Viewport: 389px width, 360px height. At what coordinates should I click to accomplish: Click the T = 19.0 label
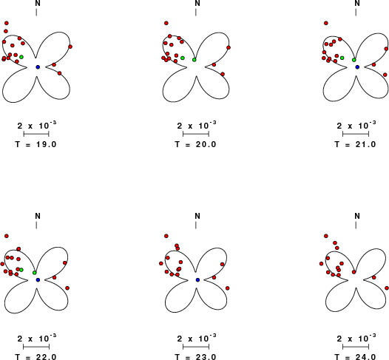(36, 144)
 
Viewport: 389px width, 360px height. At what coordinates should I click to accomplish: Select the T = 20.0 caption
(196, 144)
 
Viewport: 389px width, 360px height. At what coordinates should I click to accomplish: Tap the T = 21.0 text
(356, 144)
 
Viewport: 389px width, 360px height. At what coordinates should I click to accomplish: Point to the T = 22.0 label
(36, 357)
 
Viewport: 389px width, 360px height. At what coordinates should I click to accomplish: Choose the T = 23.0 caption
(196, 357)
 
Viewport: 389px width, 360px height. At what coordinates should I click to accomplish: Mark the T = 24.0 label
(356, 357)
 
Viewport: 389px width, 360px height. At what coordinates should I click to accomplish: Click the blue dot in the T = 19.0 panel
(38, 67)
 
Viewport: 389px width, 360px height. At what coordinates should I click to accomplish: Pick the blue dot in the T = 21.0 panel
(357, 67)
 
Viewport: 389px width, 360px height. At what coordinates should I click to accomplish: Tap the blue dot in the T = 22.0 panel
(38, 279)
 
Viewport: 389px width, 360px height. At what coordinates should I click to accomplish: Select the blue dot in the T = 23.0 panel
(197, 279)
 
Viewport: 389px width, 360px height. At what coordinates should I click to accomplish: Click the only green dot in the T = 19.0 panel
(21, 57)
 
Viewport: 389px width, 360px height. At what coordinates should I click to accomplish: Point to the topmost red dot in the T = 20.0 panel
(166, 23)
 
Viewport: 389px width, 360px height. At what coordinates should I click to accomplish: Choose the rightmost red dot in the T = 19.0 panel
(70, 47)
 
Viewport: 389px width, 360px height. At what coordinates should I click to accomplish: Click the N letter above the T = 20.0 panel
(197, 3)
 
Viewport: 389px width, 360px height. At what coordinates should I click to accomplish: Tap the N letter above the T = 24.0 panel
(357, 216)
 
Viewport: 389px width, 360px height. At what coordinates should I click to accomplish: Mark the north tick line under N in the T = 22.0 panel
(36, 225)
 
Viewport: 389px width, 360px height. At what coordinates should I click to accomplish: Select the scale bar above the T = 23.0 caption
(196, 347)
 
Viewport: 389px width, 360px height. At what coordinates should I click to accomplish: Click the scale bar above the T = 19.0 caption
(36, 134)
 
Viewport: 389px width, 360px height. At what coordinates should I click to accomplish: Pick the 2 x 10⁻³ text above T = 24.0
(356, 338)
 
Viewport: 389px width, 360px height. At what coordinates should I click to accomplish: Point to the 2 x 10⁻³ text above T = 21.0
(356, 125)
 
